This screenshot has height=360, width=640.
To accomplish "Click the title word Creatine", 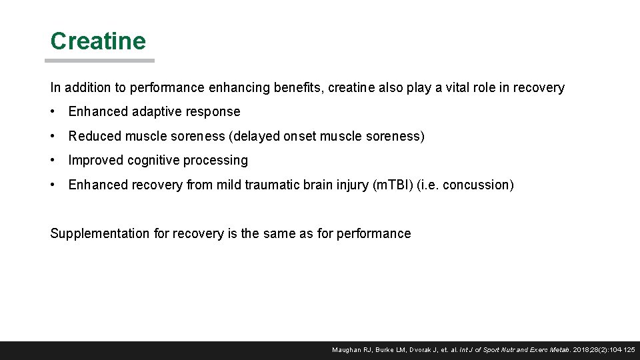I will tap(98, 41).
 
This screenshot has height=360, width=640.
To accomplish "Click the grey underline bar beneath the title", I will tap(99, 61).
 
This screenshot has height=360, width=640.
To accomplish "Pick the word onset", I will tap(300, 136).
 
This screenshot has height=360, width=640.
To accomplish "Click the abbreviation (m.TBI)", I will tap(389, 185).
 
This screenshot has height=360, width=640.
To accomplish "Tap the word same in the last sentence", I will tap(299, 233).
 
